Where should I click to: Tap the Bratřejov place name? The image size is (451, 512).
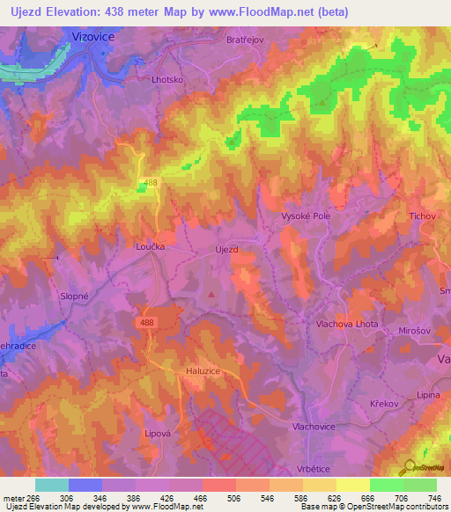[244, 41]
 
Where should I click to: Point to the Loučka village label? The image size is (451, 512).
[151, 248]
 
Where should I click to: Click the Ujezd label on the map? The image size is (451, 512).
[227, 250]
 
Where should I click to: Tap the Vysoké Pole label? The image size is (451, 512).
[306, 216]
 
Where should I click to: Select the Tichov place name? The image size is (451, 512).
[422, 216]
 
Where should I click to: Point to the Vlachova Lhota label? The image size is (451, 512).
[347, 324]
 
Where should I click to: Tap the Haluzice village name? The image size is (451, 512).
[201, 371]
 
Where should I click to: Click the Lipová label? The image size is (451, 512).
[156, 434]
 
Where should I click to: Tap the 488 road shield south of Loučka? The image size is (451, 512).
[146, 324]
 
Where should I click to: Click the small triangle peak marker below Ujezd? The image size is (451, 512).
[211, 293]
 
